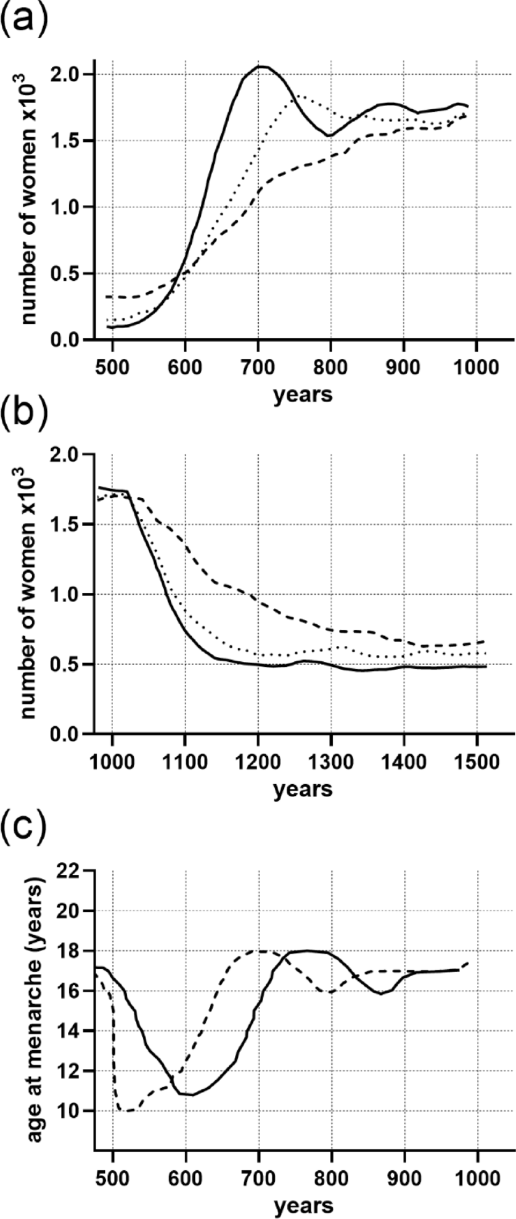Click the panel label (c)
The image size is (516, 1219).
(x=25, y=834)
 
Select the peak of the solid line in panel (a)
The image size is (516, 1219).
(x=261, y=66)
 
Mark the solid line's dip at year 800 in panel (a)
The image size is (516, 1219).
(x=330, y=135)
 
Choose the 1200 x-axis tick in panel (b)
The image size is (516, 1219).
(x=258, y=759)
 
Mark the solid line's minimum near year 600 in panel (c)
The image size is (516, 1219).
(x=192, y=1077)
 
